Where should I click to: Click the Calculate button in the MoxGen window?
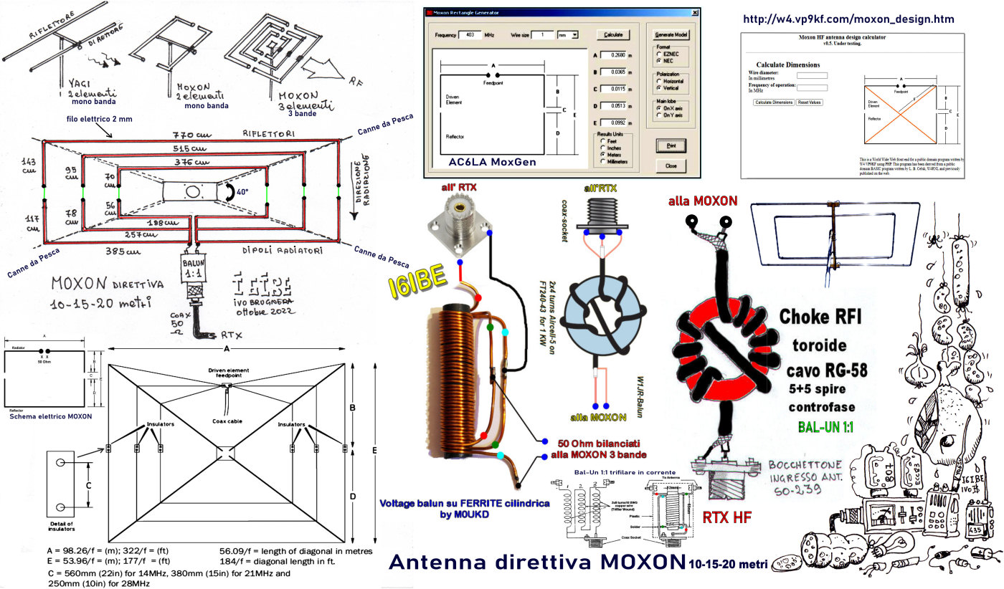(613, 34)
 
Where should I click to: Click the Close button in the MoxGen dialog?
(671, 166)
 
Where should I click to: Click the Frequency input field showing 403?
(470, 34)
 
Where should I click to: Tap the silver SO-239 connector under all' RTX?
(458, 219)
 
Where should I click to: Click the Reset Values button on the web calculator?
(810, 102)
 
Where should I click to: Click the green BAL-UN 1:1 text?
(830, 428)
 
